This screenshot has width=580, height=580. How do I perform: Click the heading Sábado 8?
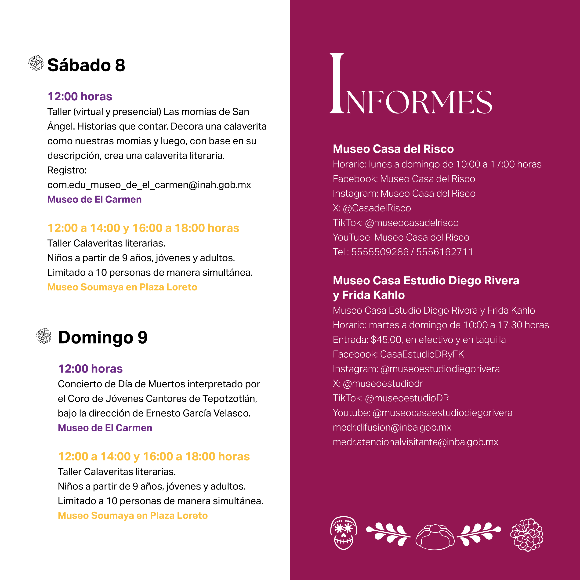pyautogui.click(x=86, y=65)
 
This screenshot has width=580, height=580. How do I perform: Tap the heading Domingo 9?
pyautogui.click(x=103, y=337)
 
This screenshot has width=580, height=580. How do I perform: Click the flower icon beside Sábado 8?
pyautogui.click(x=36, y=63)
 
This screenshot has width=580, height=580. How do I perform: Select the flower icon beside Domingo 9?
pyautogui.click(x=44, y=336)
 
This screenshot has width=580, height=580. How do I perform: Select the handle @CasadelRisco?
pyautogui.click(x=377, y=208)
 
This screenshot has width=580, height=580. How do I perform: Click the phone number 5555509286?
pyautogui.click(x=380, y=252)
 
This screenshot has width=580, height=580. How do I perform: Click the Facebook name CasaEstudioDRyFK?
pyautogui.click(x=422, y=354)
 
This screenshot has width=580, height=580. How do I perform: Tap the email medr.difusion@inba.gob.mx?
pyautogui.click(x=392, y=428)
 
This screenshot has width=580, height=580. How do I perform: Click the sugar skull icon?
pyautogui.click(x=343, y=533)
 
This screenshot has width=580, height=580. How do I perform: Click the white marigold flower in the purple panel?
pyautogui.click(x=527, y=535)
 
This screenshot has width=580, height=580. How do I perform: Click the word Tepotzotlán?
pyautogui.click(x=229, y=399)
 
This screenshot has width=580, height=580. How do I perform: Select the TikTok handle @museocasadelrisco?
pyautogui.click(x=412, y=223)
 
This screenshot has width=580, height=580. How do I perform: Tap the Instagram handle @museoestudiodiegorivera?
pyautogui.click(x=440, y=369)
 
